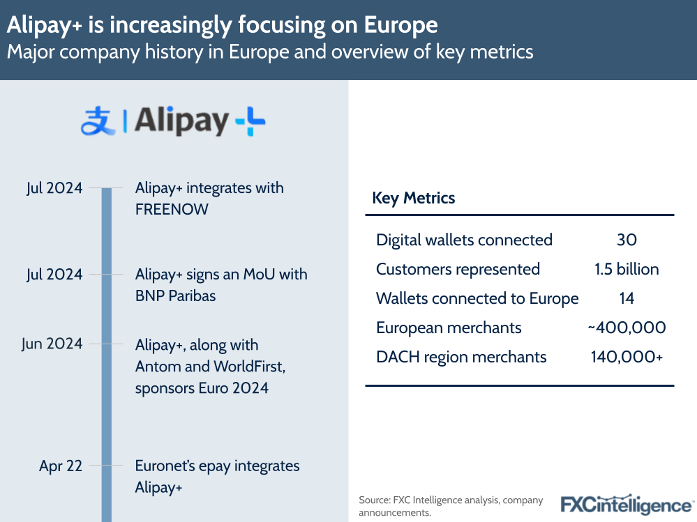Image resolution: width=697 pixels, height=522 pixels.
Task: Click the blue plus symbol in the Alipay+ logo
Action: click(x=250, y=123)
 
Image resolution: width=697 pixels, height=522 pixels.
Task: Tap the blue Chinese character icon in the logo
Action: click(x=98, y=123)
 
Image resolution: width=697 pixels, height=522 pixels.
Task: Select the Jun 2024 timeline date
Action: click(x=53, y=344)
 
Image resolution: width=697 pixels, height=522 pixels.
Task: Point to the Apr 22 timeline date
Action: click(x=61, y=466)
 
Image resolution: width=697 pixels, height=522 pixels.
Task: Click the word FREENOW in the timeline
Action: click(x=172, y=209)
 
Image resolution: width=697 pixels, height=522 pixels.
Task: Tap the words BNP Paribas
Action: click(x=175, y=295)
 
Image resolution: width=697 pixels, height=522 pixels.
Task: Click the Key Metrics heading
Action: click(x=413, y=198)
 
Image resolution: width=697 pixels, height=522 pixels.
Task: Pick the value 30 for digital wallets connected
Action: click(x=627, y=240)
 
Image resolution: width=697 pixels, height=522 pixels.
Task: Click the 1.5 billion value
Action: click(x=627, y=270)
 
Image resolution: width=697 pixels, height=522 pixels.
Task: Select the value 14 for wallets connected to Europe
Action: click(x=627, y=299)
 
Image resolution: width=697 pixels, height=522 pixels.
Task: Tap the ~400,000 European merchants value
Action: click(x=627, y=328)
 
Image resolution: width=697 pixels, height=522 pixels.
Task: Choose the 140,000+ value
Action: click(x=627, y=357)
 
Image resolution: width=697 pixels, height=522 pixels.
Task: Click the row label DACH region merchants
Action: click(x=460, y=357)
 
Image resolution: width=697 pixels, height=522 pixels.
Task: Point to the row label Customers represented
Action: click(x=458, y=270)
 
